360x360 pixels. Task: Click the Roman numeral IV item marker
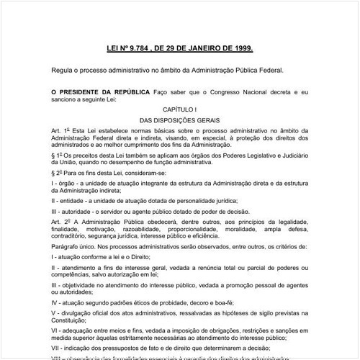pos(55,293)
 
